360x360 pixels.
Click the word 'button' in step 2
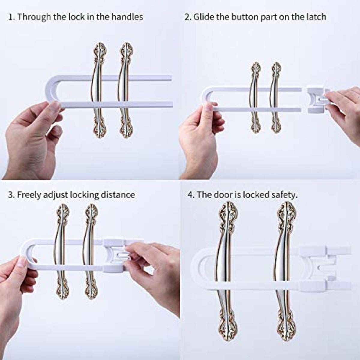click(x=244, y=17)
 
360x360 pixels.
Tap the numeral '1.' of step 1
click(x=12, y=17)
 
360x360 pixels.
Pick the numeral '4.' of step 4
click(x=191, y=195)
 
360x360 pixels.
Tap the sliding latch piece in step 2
click(x=318, y=101)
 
